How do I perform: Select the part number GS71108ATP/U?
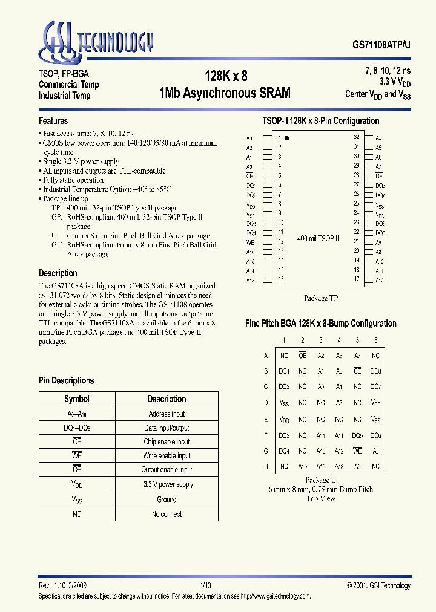pyautogui.click(x=381, y=45)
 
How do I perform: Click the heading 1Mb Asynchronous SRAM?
pyautogui.click(x=225, y=93)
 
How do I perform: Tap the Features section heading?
pyautogui.click(x=53, y=121)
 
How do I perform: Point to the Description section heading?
pyautogui.click(x=58, y=273)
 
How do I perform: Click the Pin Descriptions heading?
pyautogui.click(x=67, y=380)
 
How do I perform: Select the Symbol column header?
pyautogui.click(x=77, y=399)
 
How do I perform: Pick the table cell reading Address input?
pyautogui.click(x=167, y=414)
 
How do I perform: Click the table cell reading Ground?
pyautogui.click(x=167, y=500)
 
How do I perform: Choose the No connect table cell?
pyautogui.click(x=167, y=514)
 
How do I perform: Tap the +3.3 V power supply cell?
pyautogui.click(x=167, y=484)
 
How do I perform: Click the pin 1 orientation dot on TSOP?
pyautogui.click(x=287, y=138)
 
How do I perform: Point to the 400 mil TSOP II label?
pyautogui.click(x=318, y=239)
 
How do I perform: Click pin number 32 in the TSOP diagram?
pyautogui.click(x=357, y=138)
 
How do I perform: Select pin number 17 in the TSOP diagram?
pyautogui.click(x=357, y=279)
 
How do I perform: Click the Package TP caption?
pyautogui.click(x=320, y=298)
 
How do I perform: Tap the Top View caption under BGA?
pyautogui.click(x=320, y=499)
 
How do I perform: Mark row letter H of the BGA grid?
pyautogui.click(x=266, y=466)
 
